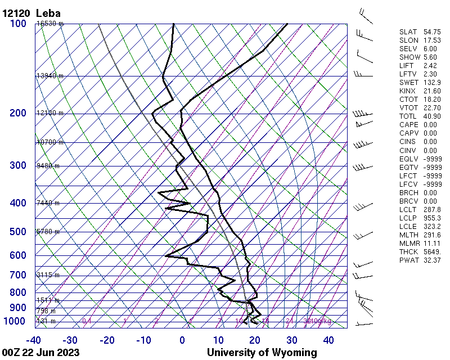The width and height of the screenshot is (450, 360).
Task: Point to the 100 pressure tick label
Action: pyautogui.click(x=17, y=24)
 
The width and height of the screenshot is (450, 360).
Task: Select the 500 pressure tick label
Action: pyautogui.click(x=17, y=232)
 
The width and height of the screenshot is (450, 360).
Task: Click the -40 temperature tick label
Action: pyautogui.click(x=33, y=340)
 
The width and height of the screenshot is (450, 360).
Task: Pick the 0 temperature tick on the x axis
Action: pyautogui.click(x=182, y=340)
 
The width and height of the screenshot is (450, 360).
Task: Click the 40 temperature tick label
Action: pyautogui.click(x=328, y=340)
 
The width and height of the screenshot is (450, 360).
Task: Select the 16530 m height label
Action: pyautogui.click(x=50, y=24)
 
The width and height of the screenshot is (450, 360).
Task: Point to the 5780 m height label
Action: pyautogui.click(x=48, y=232)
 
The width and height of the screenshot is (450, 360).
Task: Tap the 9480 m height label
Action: pyautogui.click(x=48, y=166)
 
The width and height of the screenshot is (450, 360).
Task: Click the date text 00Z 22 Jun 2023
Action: pyautogui.click(x=40, y=353)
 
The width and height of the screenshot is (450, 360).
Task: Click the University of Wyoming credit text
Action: pyautogui.click(x=262, y=353)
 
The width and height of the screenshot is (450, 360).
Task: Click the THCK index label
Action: pyautogui.click(x=407, y=251)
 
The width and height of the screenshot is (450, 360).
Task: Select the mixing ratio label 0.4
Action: pyautogui.click(x=87, y=321)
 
